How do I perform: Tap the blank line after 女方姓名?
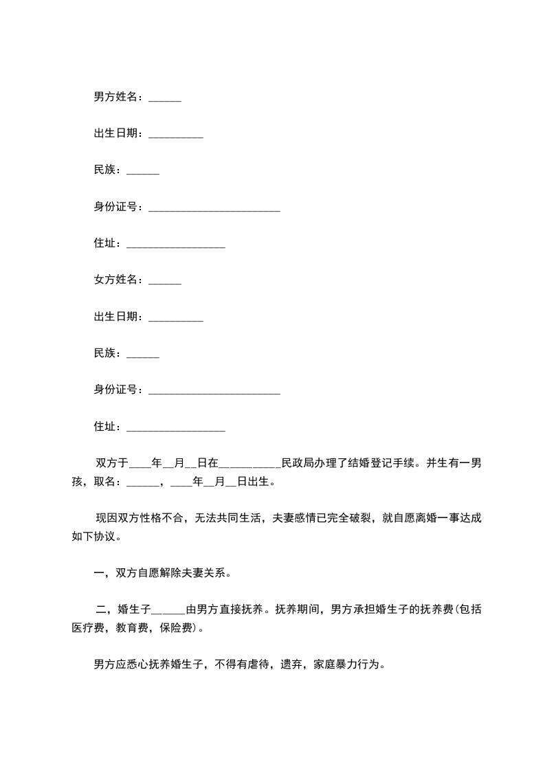[x=164, y=281]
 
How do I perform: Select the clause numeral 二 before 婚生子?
[x=101, y=609]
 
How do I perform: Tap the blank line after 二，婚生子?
[x=168, y=611]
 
